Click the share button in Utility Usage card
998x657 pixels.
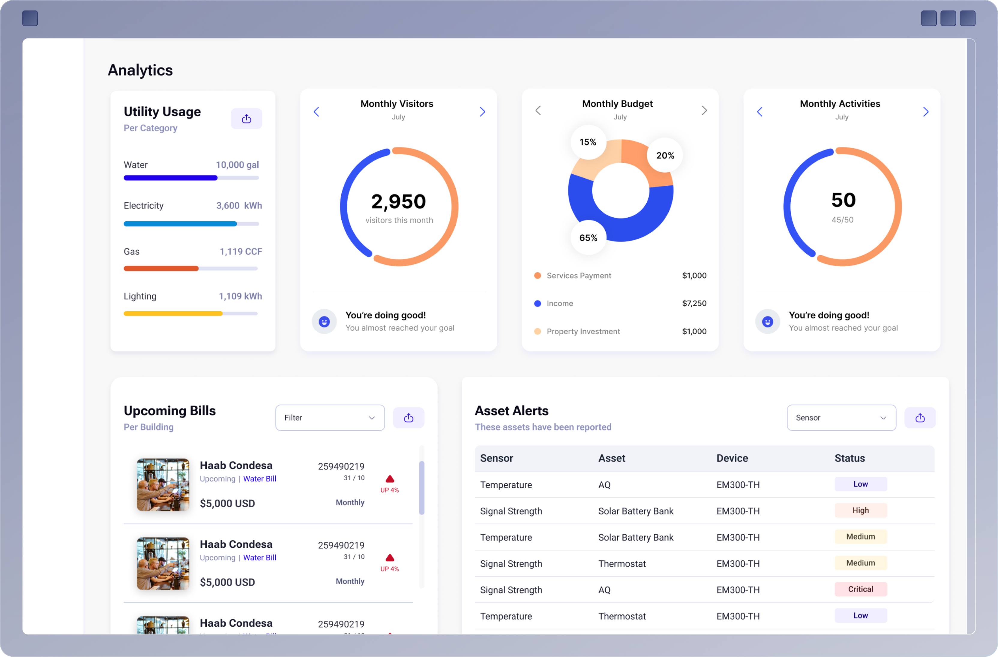point(246,119)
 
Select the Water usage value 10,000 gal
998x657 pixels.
point(237,165)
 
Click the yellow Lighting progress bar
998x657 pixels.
point(173,313)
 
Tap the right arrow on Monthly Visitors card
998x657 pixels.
point(482,112)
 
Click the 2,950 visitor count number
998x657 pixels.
point(398,201)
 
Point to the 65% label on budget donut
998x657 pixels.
point(588,238)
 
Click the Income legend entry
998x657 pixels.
point(559,303)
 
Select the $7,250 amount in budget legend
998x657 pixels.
point(694,303)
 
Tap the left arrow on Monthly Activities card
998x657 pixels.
point(760,112)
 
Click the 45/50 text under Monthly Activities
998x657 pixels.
point(842,220)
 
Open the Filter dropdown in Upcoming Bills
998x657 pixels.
point(330,417)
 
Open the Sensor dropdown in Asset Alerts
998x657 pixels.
point(841,417)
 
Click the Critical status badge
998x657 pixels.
point(860,589)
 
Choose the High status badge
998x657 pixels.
point(860,510)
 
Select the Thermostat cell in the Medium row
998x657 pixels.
point(622,563)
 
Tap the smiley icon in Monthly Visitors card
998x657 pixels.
point(324,322)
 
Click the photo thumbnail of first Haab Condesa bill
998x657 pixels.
point(163,484)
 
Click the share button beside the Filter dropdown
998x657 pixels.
point(409,417)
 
